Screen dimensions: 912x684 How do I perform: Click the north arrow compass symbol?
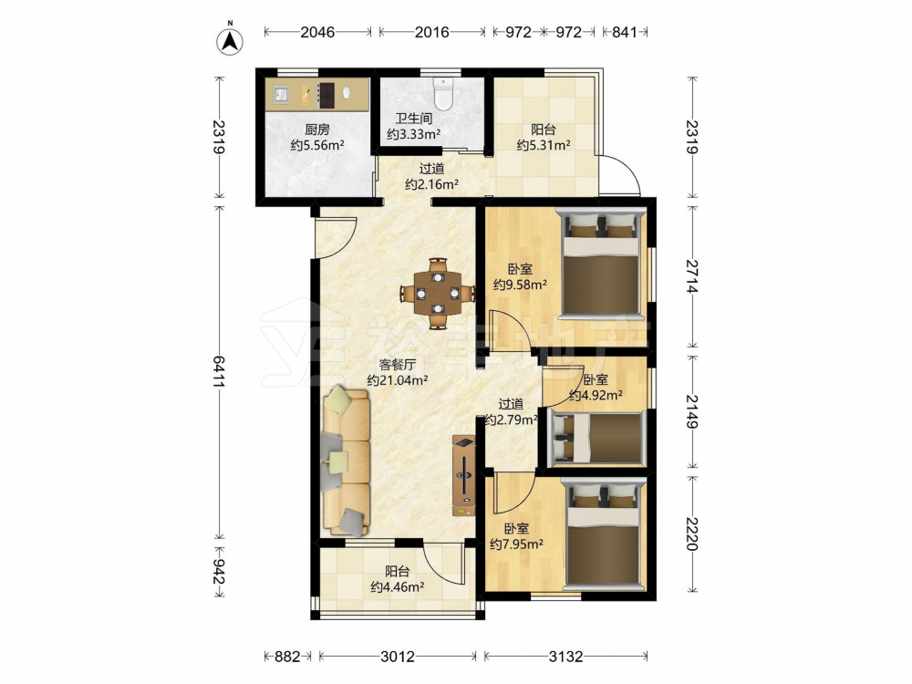(x=230, y=39)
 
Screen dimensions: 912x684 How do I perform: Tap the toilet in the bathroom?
(x=443, y=94)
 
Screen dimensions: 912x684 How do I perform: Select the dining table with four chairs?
(x=438, y=293)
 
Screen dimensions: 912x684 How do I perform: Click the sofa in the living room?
(x=346, y=461)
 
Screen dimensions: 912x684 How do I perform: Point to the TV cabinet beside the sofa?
(x=463, y=475)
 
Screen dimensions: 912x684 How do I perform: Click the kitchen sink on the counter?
(x=281, y=95)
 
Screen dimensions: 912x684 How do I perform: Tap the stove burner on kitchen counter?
(x=326, y=95)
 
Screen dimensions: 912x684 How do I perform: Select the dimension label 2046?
(x=317, y=32)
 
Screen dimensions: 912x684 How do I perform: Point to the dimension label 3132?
(x=565, y=657)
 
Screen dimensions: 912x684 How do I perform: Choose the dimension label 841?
(x=625, y=32)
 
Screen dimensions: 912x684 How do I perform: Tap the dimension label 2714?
(x=692, y=276)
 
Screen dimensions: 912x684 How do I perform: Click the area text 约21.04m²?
(x=398, y=380)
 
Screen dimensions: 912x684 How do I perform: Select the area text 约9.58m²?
(x=520, y=285)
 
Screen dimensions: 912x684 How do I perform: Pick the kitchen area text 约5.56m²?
(x=317, y=145)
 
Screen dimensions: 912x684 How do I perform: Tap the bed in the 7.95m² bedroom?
(x=605, y=534)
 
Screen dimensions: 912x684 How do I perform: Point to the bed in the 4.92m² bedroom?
(x=596, y=438)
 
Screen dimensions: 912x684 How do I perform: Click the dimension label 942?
(x=219, y=572)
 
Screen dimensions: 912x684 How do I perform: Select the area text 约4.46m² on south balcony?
(x=398, y=586)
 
